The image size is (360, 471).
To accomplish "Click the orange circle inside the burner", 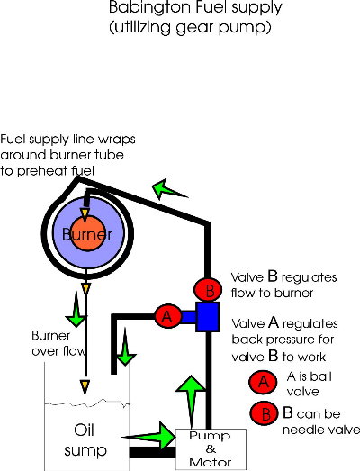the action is click(87, 233).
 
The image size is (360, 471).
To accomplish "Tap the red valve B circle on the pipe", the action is click(209, 290).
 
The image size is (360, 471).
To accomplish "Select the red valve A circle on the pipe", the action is click(167, 316).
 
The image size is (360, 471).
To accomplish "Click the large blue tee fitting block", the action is click(208, 317).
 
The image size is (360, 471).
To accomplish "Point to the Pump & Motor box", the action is click(211, 449).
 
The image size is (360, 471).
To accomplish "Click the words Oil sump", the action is click(85, 440).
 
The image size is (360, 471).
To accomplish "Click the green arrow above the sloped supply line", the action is click(168, 189).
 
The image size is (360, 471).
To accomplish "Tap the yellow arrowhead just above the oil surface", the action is click(85, 387).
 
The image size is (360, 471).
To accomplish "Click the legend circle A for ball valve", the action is click(263, 382).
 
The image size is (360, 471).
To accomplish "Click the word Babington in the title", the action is click(144, 8).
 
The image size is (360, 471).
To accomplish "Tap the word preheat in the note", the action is click(44, 171).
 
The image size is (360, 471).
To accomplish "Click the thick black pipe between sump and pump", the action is click(152, 452).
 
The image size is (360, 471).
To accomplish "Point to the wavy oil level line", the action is click(87, 403).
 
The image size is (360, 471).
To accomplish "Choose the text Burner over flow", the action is click(58, 343).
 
